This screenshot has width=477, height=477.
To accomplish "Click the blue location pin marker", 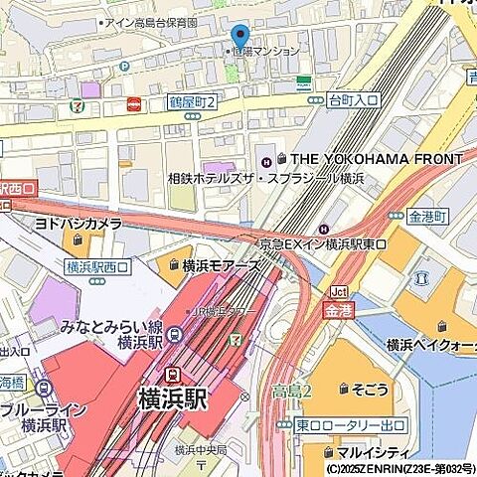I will [239, 36].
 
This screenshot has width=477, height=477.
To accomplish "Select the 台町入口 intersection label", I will [353, 99].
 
